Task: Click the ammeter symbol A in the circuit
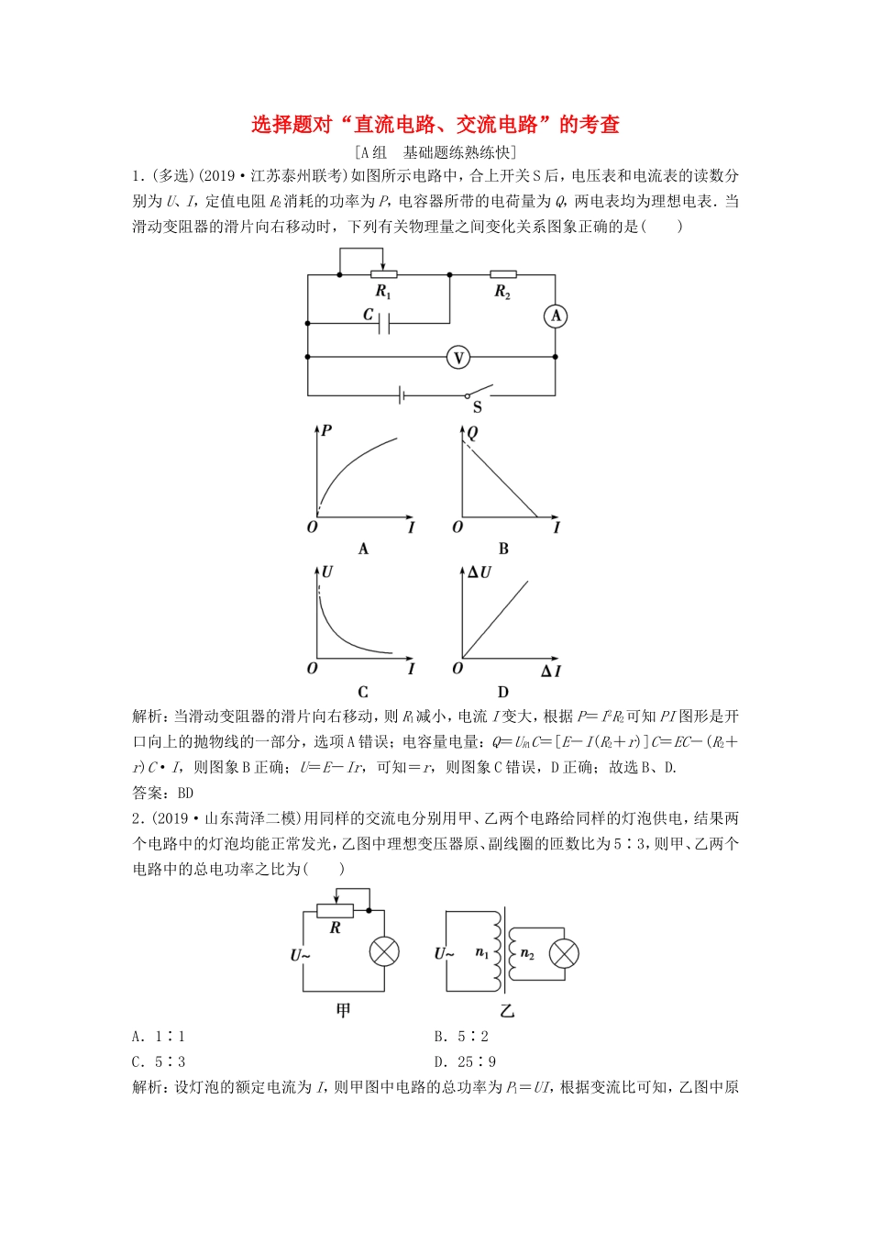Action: pyautogui.click(x=556, y=317)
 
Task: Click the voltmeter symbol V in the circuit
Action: pyautogui.click(x=458, y=357)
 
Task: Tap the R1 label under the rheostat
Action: pyautogui.click(x=383, y=292)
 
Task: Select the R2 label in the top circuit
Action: pyautogui.click(x=502, y=292)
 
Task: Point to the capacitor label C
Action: pyautogui.click(x=369, y=315)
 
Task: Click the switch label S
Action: pyautogui.click(x=477, y=406)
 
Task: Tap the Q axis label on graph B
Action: pyautogui.click(x=473, y=432)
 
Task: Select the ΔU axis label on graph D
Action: pyautogui.click(x=480, y=572)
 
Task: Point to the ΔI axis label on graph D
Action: pyautogui.click(x=550, y=672)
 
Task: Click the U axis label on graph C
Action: pyautogui.click(x=327, y=572)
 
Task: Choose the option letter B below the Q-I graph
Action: pyautogui.click(x=503, y=549)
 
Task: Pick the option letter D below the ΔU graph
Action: pyautogui.click(x=502, y=692)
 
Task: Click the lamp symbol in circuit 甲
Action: pyautogui.click(x=384, y=951)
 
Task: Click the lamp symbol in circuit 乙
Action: pyautogui.click(x=564, y=953)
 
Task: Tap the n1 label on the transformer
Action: pyautogui.click(x=482, y=953)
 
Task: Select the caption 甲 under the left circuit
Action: pyautogui.click(x=343, y=1011)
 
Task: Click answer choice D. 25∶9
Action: pyautogui.click(x=465, y=1062)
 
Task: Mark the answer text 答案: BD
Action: pyautogui.click(x=163, y=793)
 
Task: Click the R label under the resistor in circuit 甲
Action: pyautogui.click(x=336, y=928)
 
